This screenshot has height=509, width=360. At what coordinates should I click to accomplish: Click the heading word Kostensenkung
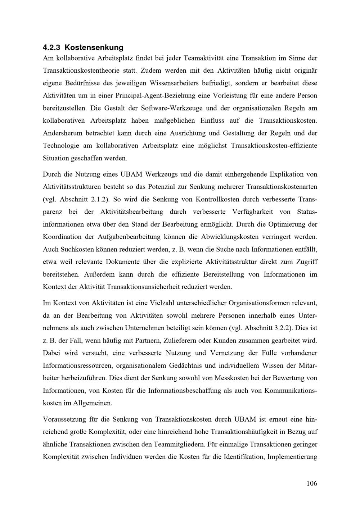pyautogui.click(x=94, y=47)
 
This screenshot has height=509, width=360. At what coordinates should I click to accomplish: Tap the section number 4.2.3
pyautogui.click(x=51, y=47)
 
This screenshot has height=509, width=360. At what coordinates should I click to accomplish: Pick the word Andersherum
pyautogui.click(x=62, y=133)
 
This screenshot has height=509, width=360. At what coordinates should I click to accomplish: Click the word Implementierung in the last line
pyautogui.click(x=293, y=457)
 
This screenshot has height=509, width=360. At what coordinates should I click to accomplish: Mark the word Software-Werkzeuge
pyautogui.click(x=168, y=108)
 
